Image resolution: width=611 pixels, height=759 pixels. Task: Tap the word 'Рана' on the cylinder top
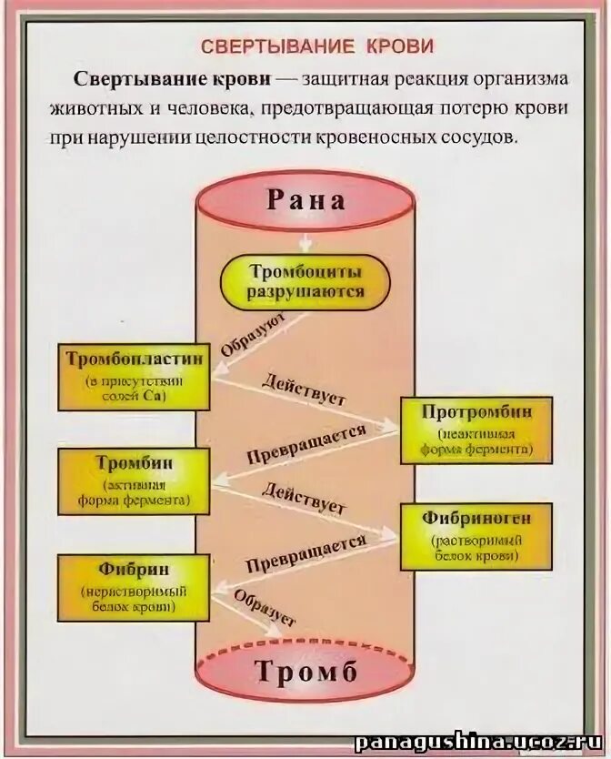(x=305, y=199)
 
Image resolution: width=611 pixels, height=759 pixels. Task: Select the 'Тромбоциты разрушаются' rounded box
(x=305, y=281)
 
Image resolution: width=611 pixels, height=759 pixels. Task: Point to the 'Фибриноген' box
(x=476, y=535)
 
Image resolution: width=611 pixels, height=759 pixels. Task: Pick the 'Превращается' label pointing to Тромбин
(x=305, y=443)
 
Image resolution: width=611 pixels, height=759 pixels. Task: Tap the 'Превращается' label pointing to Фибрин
(x=305, y=552)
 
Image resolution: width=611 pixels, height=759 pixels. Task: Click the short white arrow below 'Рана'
(x=306, y=242)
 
